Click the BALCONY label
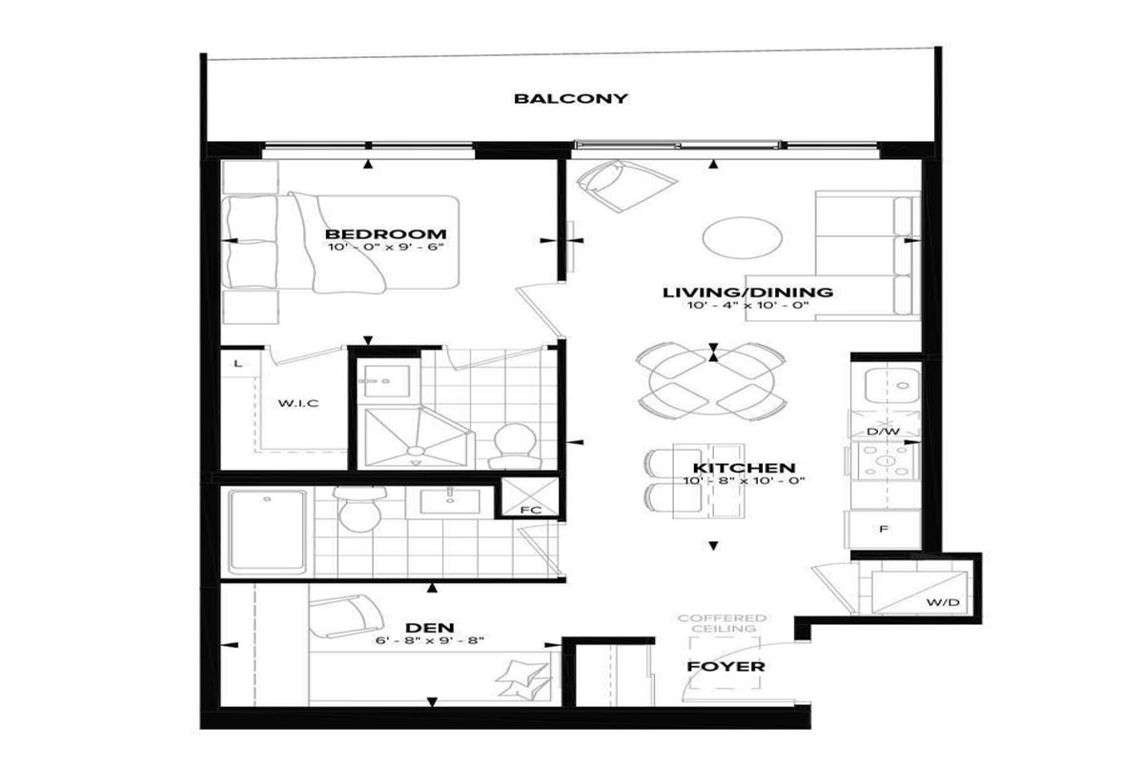tap(570, 98)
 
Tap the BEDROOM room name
tap(385, 234)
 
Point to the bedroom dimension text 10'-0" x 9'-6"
tap(385, 248)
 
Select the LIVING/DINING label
tap(747, 293)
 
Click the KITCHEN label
tap(745, 468)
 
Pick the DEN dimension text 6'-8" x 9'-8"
tap(430, 640)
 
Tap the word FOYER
tap(725, 666)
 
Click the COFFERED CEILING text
tap(723, 623)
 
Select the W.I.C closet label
tap(298, 404)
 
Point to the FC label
tap(531, 510)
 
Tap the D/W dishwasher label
tap(883, 432)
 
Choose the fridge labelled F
tap(884, 529)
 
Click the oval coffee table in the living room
tap(742, 238)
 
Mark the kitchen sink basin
tap(891, 386)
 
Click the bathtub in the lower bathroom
tap(267, 532)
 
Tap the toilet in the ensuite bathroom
tap(515, 447)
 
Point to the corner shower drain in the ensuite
tap(417, 451)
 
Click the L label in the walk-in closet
tap(237, 364)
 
